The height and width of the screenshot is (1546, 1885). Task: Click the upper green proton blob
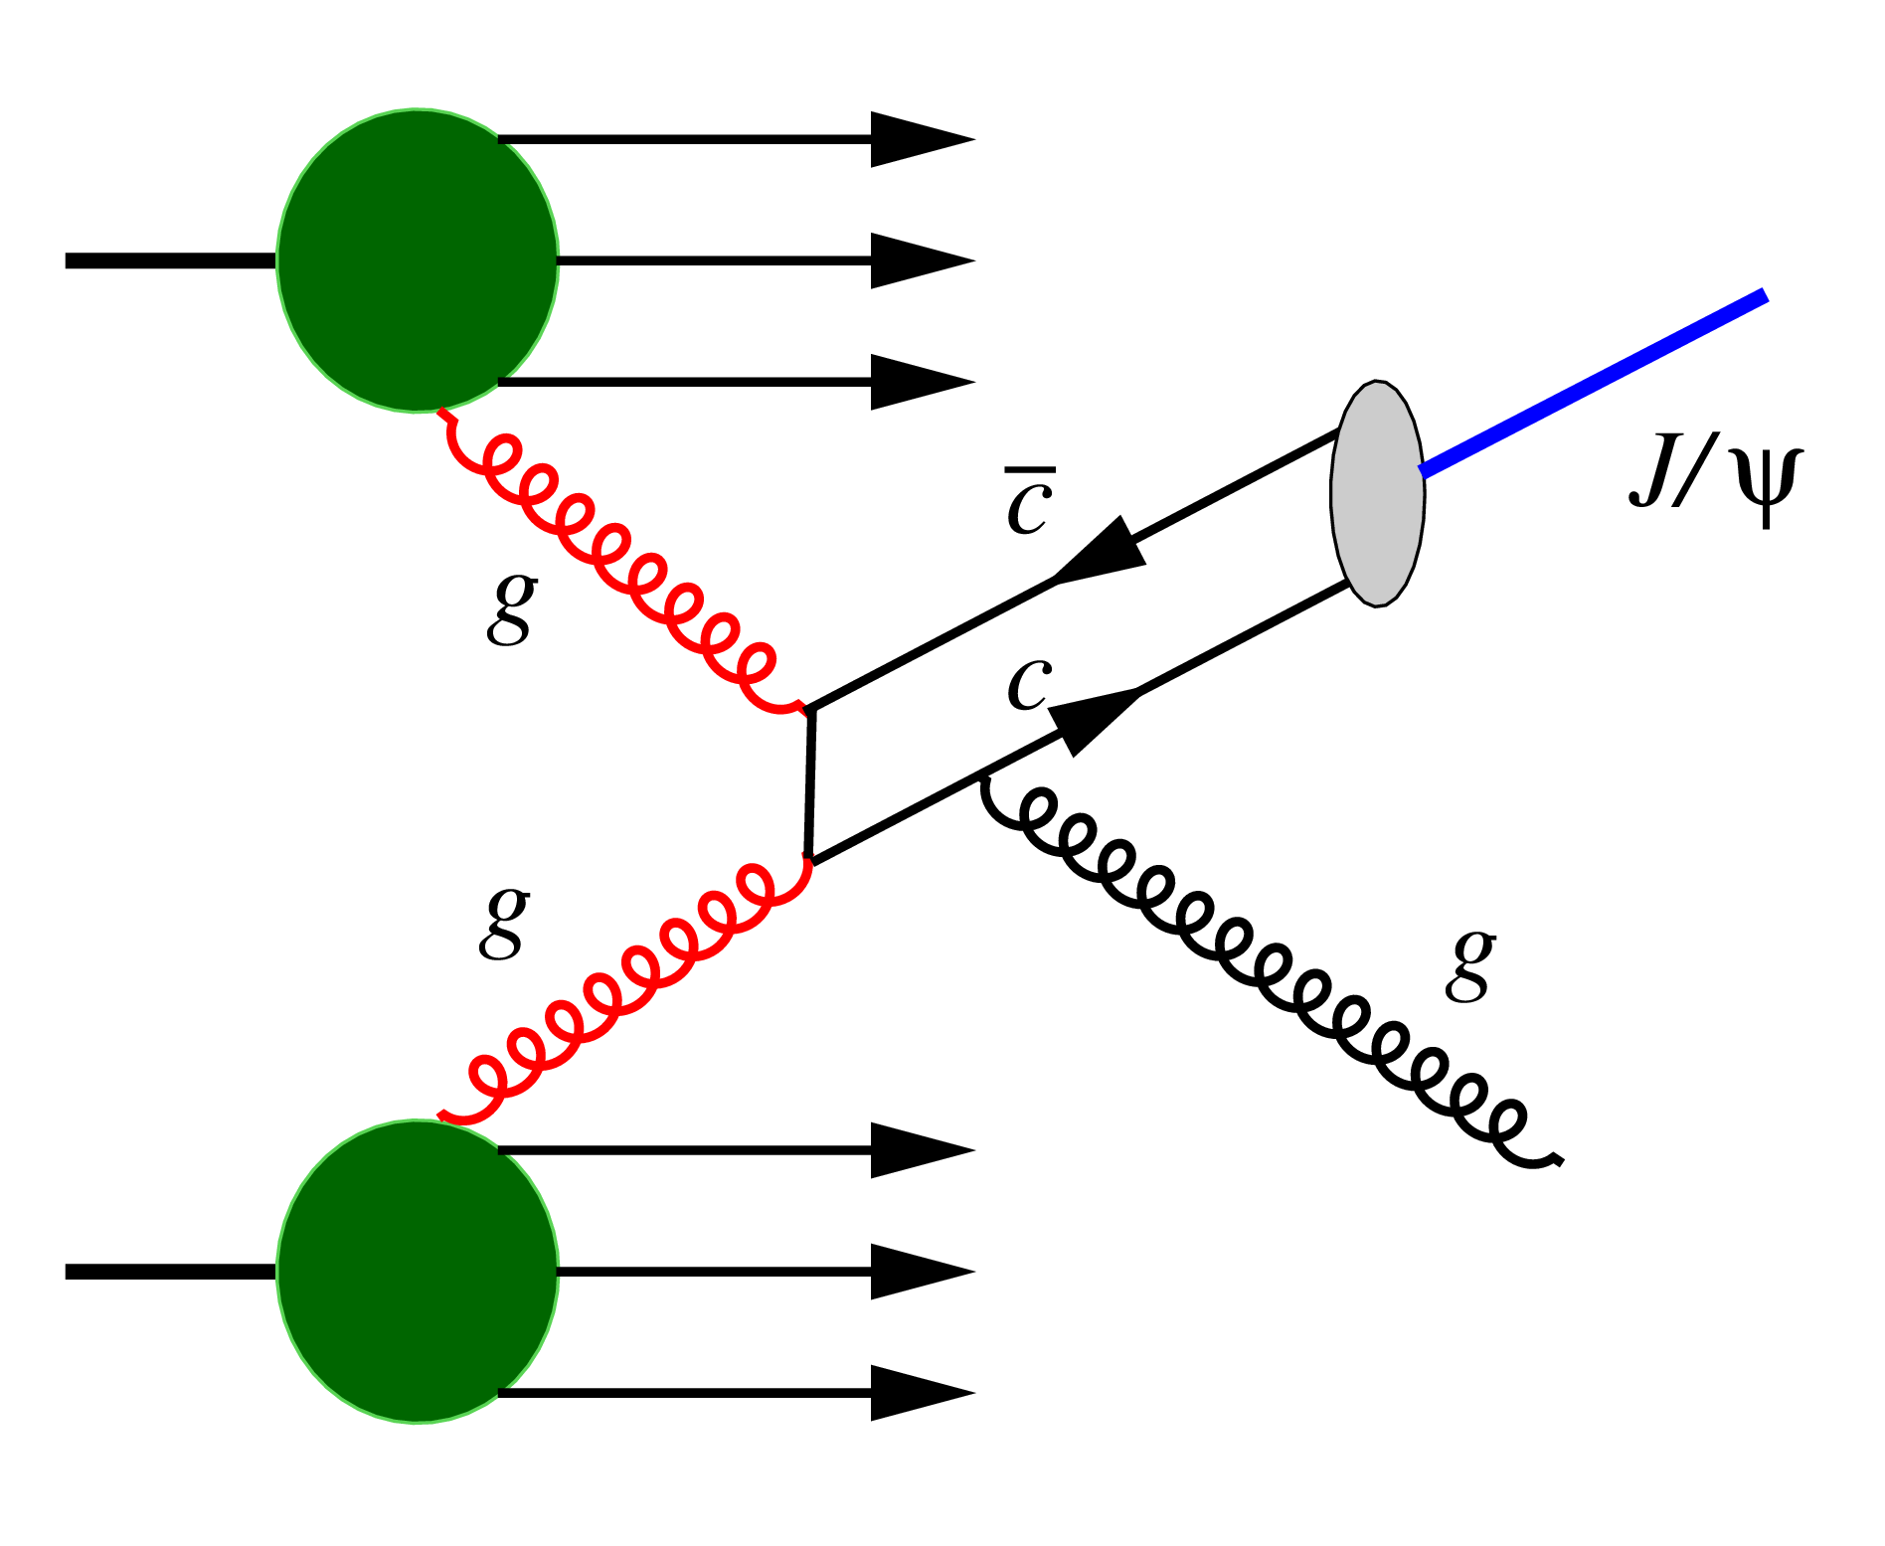click(x=418, y=260)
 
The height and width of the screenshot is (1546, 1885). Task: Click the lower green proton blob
click(x=418, y=1271)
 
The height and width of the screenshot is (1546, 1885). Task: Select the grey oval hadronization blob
click(x=1378, y=494)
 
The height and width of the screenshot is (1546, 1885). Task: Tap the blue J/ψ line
click(x=1591, y=383)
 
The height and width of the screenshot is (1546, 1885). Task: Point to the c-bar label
click(x=1029, y=504)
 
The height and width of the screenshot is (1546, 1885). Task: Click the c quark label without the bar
click(x=1029, y=684)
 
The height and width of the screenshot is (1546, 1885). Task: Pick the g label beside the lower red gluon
click(x=504, y=923)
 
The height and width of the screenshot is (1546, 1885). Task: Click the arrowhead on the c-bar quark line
click(x=1104, y=552)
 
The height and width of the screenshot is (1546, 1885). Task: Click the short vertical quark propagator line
click(x=810, y=783)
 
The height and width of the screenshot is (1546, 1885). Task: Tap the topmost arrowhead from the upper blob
click(x=920, y=139)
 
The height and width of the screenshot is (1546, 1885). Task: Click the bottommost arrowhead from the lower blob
click(x=920, y=1393)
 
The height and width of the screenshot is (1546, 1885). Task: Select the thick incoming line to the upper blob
click(x=169, y=260)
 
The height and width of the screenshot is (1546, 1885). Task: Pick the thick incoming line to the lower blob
click(x=169, y=1271)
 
